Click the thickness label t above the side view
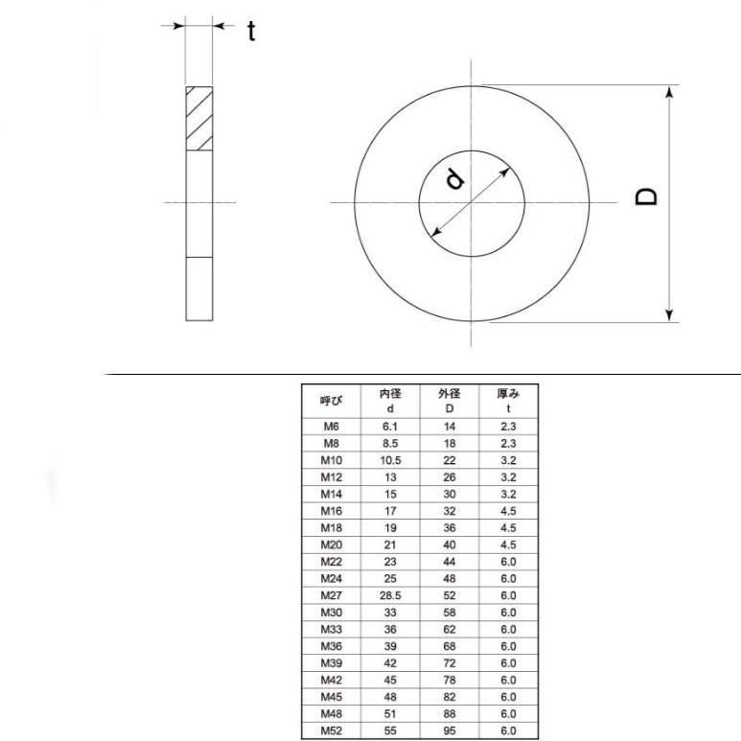(x=251, y=32)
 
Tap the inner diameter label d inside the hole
(x=456, y=178)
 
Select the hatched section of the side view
(x=199, y=119)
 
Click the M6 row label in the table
(x=331, y=425)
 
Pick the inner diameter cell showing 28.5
(x=390, y=594)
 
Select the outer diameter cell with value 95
(x=450, y=730)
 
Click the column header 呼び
(x=331, y=400)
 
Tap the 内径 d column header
(x=390, y=400)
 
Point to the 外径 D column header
(x=450, y=400)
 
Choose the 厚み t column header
(x=508, y=400)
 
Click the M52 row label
(x=331, y=730)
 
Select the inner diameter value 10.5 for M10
(x=390, y=459)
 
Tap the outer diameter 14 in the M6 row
(x=450, y=425)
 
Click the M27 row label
(x=331, y=594)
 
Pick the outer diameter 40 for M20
(x=450, y=544)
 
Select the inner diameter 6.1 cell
(x=390, y=425)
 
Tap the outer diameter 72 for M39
(x=450, y=662)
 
